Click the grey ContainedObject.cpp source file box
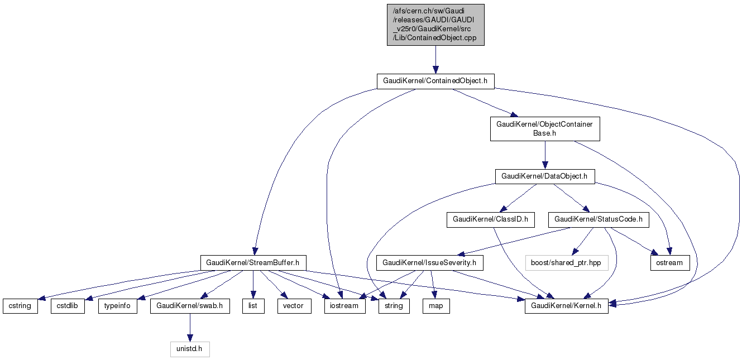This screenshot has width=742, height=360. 435,25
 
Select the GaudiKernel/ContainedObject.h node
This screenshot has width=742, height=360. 435,81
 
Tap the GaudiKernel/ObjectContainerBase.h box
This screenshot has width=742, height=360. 545,129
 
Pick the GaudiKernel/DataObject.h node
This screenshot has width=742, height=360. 544,176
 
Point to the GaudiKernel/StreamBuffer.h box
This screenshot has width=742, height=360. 253,262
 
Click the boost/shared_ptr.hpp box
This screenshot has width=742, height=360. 566,262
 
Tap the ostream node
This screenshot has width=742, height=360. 669,262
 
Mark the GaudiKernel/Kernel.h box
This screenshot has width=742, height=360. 566,306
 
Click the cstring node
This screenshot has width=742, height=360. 21,306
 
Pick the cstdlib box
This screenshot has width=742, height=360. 68,306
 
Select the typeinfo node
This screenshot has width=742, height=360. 118,306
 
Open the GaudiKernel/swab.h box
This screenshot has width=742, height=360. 190,306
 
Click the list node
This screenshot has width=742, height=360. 253,306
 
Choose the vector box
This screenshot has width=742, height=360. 294,306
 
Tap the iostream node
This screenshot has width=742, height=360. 345,306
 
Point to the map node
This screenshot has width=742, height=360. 436,306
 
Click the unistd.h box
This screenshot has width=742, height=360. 190,350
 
